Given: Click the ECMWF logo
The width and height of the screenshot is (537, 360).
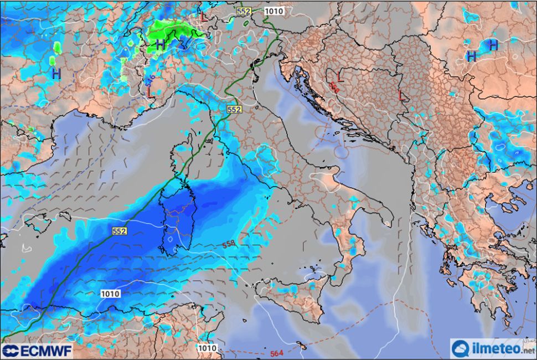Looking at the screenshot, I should pyautogui.click(x=37, y=351).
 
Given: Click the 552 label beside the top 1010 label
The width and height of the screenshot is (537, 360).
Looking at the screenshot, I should pyautogui.click(x=244, y=11).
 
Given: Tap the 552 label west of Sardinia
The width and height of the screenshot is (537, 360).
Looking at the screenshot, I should pyautogui.click(x=119, y=230).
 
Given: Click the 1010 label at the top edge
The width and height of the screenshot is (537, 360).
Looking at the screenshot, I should pyautogui.click(x=273, y=11).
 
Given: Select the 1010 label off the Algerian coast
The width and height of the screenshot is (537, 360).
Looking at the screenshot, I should pyautogui.click(x=110, y=294).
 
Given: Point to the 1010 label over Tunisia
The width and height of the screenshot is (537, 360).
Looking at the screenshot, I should pyautogui.click(x=206, y=348).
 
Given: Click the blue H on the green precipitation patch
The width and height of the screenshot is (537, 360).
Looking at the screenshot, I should pyautogui.click(x=160, y=43).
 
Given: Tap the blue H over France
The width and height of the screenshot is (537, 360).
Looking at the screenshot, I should pyautogui.click(x=56, y=73).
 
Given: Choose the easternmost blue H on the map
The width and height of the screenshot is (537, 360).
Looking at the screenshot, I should pyautogui.click(x=493, y=44).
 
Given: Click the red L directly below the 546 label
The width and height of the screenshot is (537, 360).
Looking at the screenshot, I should pyautogui.click(x=149, y=92).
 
